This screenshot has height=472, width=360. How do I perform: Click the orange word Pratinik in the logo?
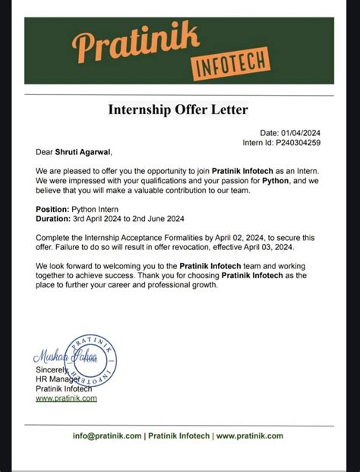(136, 43)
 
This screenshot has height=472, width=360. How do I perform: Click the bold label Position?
(55, 208)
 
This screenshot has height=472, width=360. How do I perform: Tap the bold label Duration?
(55, 217)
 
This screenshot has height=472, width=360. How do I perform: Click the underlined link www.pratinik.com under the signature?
(66, 398)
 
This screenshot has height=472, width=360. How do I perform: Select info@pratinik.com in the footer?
(107, 436)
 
